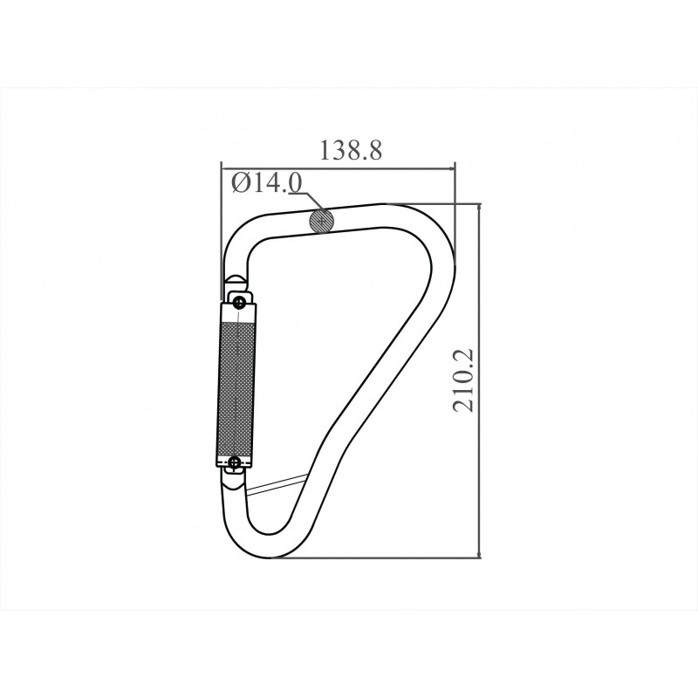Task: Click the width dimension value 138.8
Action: [x=351, y=150]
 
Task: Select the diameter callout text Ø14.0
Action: [x=267, y=182]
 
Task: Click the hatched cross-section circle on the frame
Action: [x=322, y=221]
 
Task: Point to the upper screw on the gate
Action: [x=240, y=303]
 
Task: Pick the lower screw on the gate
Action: [x=235, y=462]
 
